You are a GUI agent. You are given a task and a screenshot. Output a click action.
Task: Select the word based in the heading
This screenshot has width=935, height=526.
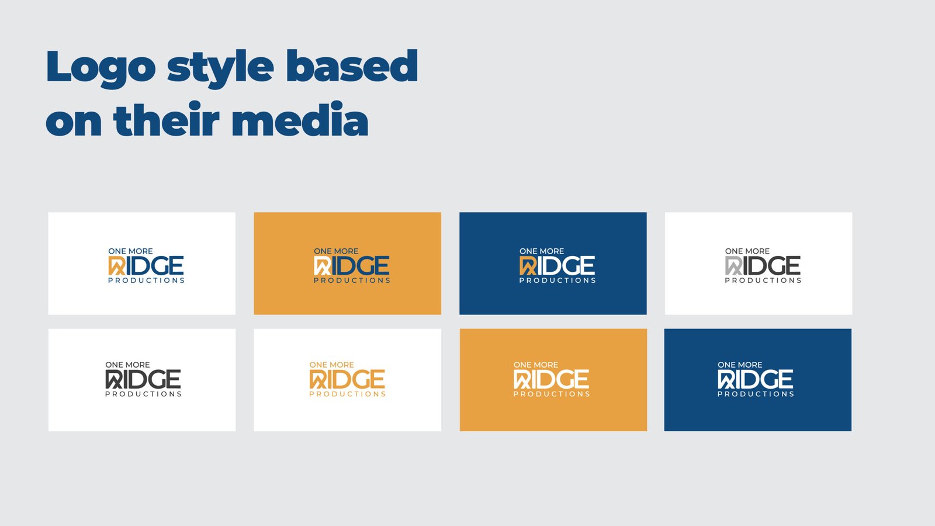pyautogui.click(x=352, y=65)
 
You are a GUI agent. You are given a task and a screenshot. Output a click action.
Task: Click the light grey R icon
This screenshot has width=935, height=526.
pyautogui.click(x=733, y=266)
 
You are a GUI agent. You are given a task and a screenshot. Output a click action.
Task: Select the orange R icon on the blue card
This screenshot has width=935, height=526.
pyautogui.click(x=528, y=266)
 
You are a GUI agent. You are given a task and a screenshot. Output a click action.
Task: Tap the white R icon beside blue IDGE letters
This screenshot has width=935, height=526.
pyautogui.click(x=322, y=266)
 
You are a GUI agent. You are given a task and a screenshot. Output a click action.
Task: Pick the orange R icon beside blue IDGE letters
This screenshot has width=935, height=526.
pyautogui.click(x=116, y=266)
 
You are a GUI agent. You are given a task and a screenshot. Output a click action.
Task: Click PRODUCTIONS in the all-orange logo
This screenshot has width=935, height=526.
pyautogui.click(x=347, y=394)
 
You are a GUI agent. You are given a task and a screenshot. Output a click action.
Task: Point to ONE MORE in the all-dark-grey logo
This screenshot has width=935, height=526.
pyautogui.click(x=127, y=365)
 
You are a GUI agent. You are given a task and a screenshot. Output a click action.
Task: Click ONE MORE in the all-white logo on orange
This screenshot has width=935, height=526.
pyautogui.click(x=535, y=365)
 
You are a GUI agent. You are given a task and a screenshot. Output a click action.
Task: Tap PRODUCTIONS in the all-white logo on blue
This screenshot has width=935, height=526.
pyautogui.click(x=756, y=394)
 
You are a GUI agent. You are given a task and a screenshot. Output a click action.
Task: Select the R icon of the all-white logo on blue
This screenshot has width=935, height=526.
pyautogui.click(x=726, y=379)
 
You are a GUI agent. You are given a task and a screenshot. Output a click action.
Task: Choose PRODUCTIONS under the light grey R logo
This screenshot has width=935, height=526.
pyautogui.click(x=763, y=280)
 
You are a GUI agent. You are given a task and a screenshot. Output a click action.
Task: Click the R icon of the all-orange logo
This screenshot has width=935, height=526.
pyautogui.click(x=318, y=379)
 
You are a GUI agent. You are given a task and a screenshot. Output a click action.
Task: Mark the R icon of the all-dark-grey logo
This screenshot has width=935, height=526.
pyautogui.click(x=113, y=379)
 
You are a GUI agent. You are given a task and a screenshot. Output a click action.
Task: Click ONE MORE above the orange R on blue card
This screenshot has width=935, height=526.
pyautogui.click(x=541, y=251)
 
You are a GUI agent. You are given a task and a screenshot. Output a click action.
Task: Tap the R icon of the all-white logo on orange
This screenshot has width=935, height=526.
pyautogui.click(x=522, y=379)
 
